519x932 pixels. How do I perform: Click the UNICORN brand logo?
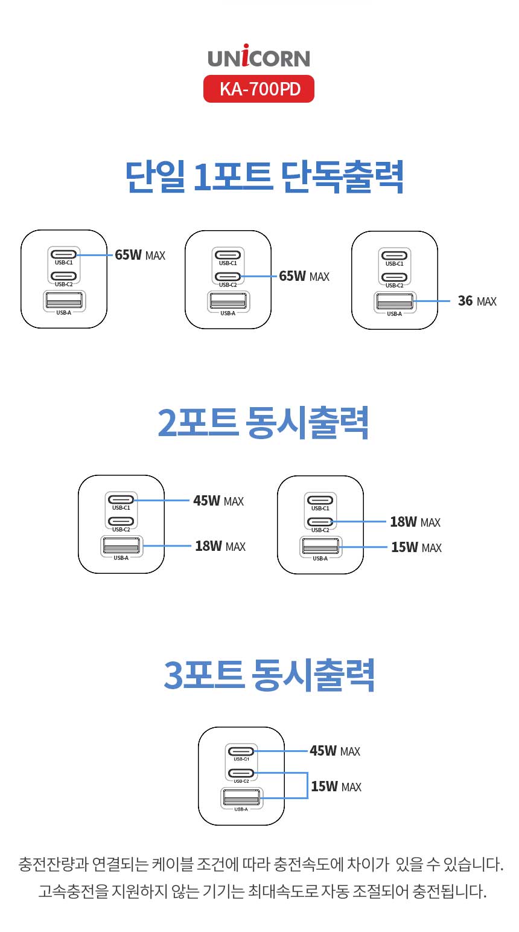[x=259, y=57]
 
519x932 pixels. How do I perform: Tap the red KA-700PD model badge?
[x=259, y=89]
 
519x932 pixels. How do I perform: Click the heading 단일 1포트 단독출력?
[x=264, y=176]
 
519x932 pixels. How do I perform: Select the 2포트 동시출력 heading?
[x=263, y=422]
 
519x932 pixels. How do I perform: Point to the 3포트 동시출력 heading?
[x=269, y=675]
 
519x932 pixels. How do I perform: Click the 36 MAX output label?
[x=477, y=301]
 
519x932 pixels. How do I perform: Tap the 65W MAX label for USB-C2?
[x=304, y=276]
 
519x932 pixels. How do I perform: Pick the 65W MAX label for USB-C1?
[x=140, y=255]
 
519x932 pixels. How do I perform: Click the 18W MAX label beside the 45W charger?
[x=220, y=546]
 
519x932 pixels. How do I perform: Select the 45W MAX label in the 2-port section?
[x=218, y=501]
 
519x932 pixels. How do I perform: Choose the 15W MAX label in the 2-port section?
[x=416, y=547]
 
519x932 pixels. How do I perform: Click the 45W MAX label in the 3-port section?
[x=335, y=751]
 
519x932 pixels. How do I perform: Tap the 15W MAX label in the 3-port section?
[x=336, y=786]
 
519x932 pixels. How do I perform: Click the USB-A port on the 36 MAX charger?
[x=395, y=300]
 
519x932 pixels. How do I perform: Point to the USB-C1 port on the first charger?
[x=64, y=254]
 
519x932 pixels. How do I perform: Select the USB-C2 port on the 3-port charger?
[x=241, y=773]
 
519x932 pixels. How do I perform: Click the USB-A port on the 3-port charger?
[x=241, y=797]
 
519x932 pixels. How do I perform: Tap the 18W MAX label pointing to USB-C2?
[x=415, y=522]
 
